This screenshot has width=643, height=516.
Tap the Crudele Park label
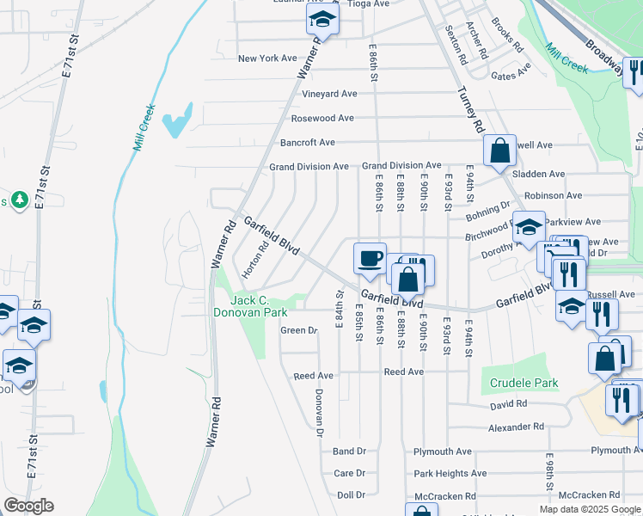click(x=524, y=384)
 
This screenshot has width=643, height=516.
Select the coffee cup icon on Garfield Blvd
click(x=370, y=258)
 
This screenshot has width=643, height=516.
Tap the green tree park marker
click(x=19, y=200)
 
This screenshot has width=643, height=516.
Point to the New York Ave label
click(x=267, y=58)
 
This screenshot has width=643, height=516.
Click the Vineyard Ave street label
click(x=323, y=94)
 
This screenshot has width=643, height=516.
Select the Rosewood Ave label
click(x=322, y=118)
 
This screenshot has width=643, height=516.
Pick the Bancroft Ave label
click(x=307, y=142)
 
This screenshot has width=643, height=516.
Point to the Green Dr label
click(x=299, y=330)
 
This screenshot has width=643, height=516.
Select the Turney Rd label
click(x=469, y=109)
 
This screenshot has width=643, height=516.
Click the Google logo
click(x=28, y=506)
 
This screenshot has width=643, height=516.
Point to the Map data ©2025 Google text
click(x=589, y=509)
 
